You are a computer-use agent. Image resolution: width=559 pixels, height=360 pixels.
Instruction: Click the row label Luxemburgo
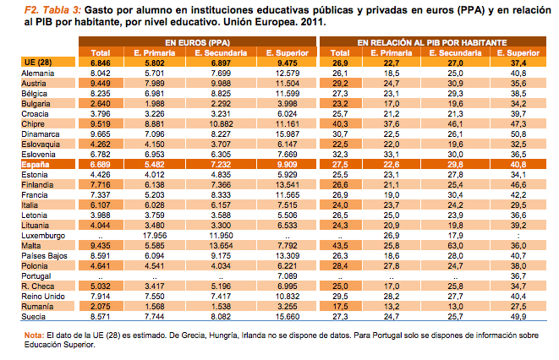coord(43,236)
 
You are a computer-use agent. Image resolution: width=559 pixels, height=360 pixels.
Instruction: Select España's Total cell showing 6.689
coord(100,165)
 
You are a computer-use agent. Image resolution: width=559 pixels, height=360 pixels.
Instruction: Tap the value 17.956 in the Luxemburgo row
coord(155,236)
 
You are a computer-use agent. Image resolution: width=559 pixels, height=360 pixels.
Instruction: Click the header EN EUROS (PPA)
coord(197,43)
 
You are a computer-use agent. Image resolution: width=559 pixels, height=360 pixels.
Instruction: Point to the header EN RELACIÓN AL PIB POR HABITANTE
coord(432,43)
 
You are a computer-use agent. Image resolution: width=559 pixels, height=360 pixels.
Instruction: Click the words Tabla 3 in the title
coord(62,10)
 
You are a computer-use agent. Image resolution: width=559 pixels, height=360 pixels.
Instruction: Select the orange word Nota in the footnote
coord(34,335)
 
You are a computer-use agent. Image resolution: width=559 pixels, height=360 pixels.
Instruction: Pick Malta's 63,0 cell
coord(455,246)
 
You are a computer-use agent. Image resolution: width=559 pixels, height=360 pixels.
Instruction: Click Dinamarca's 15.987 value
coord(288,134)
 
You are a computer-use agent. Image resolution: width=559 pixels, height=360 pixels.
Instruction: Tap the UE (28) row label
coord(38,63)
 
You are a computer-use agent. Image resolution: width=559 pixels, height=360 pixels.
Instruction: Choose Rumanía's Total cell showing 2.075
coord(100,307)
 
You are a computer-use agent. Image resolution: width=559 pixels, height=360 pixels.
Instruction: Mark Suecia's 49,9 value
coord(518,317)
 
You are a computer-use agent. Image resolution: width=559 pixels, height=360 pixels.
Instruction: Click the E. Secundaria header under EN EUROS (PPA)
coord(221,53)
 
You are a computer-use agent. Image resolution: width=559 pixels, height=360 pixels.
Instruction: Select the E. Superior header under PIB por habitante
coord(518,53)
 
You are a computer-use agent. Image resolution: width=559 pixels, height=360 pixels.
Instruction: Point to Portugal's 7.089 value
coord(288,276)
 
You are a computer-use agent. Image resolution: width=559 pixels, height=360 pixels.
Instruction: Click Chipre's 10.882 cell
coord(221,124)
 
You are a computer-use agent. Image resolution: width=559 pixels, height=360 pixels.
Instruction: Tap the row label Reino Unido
coord(43,297)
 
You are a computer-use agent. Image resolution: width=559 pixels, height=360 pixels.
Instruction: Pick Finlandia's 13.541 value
coord(288,185)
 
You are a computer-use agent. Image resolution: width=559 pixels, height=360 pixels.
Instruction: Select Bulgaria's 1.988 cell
coord(155,104)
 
